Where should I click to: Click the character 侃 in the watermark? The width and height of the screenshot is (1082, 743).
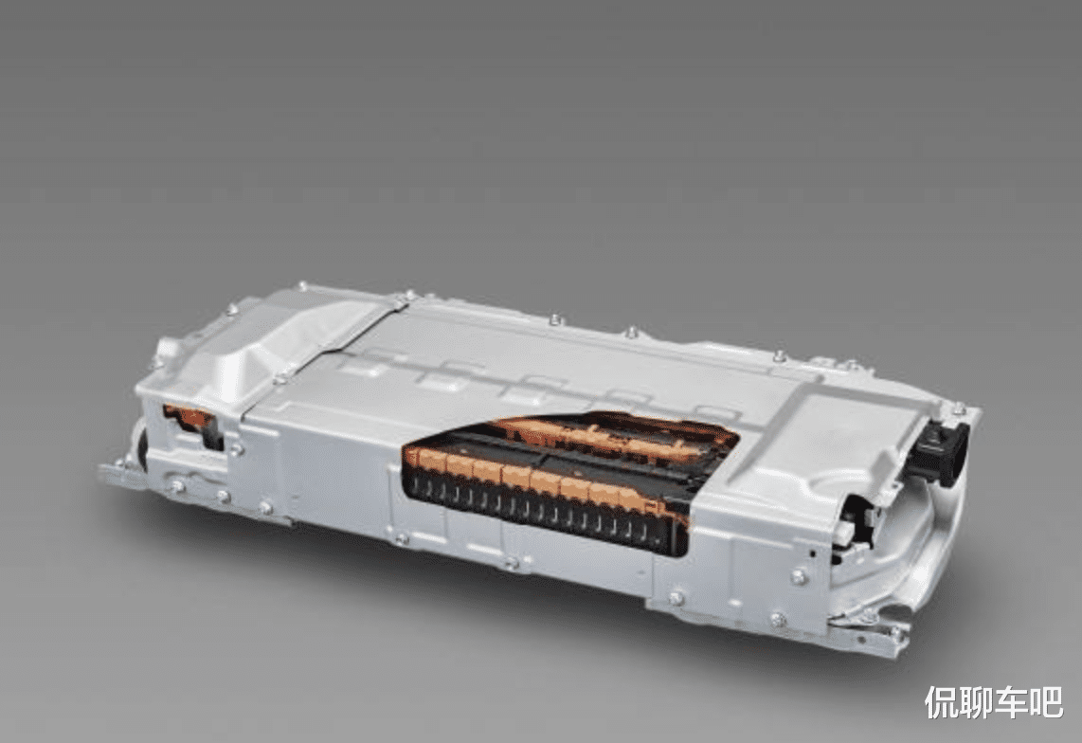pos(941,702)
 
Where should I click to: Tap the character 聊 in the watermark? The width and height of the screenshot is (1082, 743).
pos(976,702)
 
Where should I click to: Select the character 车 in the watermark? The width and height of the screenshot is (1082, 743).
pos(1011,702)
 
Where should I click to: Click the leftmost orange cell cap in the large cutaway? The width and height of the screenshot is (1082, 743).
pos(418,458)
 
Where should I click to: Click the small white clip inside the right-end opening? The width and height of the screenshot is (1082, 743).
pos(845,531)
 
